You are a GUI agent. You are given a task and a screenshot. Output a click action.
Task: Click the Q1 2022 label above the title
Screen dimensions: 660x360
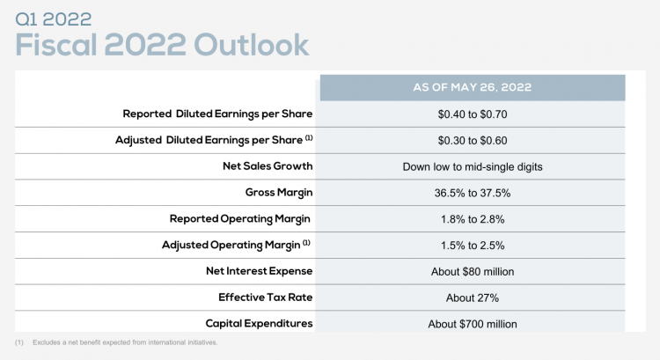tap(54, 19)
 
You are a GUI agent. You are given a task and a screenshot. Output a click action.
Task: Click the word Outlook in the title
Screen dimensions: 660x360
tap(252, 44)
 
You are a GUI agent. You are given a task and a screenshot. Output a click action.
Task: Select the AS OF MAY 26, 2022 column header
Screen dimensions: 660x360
tap(473, 87)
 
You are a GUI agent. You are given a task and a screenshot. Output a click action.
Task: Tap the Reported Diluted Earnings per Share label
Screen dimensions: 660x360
tap(217, 114)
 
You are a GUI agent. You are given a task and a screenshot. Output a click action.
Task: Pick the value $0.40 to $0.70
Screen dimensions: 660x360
tap(473, 114)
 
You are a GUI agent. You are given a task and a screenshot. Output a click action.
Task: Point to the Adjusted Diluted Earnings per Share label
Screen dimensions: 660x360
tap(214, 140)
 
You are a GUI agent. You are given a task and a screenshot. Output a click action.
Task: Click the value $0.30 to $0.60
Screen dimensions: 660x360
tap(473, 141)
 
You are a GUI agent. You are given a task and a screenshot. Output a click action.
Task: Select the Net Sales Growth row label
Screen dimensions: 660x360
tap(268, 165)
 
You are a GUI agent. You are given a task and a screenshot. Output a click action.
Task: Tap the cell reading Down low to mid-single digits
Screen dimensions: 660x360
tap(473, 167)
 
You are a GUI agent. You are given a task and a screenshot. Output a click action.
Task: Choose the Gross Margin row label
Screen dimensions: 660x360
tap(279, 193)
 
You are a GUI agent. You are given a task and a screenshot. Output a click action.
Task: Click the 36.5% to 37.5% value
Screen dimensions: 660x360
tap(473, 194)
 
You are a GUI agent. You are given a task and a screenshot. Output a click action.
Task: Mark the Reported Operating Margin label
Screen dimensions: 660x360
tap(240, 219)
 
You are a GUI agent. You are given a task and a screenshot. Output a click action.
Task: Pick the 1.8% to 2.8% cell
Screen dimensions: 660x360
tap(473, 219)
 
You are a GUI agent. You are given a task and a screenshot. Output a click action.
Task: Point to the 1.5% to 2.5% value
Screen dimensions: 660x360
tap(473, 246)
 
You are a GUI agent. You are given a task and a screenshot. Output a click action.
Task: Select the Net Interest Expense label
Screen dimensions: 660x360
tap(260, 271)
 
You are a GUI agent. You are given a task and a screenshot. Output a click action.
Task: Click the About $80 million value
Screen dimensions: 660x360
tap(473, 272)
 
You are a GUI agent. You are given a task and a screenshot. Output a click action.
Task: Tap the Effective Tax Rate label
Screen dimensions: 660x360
tap(266, 298)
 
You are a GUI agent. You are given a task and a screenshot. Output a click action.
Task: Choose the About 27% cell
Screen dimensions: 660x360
tap(473, 298)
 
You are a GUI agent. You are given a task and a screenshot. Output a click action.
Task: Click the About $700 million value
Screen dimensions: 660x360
tap(473, 324)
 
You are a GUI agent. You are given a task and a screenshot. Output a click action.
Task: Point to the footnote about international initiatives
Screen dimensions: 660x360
tap(116, 342)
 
